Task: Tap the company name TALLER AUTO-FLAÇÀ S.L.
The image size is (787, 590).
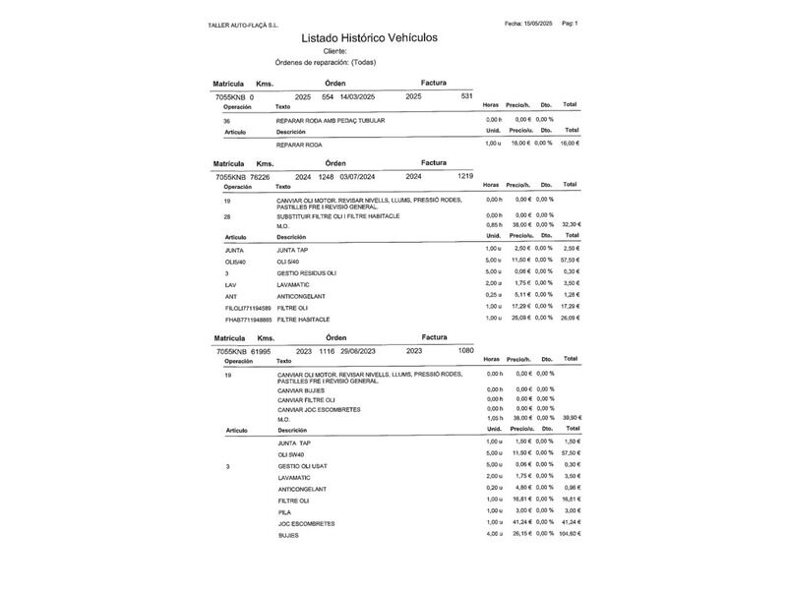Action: tap(243, 25)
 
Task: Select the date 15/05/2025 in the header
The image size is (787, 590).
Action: tap(540, 23)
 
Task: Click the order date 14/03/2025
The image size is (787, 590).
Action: tap(358, 97)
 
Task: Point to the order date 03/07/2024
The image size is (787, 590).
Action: tap(358, 177)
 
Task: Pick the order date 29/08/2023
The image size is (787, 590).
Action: tap(358, 350)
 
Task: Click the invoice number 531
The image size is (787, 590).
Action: tap(466, 96)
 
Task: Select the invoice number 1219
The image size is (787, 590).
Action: tap(464, 176)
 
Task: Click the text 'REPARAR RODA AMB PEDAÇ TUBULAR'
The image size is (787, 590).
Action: tap(331, 120)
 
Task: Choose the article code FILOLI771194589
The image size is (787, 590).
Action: tap(248, 308)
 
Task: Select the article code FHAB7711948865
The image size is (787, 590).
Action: tap(248, 320)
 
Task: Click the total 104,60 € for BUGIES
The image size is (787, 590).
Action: tap(570, 534)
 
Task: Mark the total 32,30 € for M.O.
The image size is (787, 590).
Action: tap(571, 225)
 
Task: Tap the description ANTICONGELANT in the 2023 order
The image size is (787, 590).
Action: tap(302, 489)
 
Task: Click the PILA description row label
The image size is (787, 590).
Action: tap(284, 511)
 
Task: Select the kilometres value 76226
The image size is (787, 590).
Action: tap(260, 177)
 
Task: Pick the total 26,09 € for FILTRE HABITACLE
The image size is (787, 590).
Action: tap(571, 319)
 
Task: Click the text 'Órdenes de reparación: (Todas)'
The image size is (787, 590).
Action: tap(325, 62)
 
